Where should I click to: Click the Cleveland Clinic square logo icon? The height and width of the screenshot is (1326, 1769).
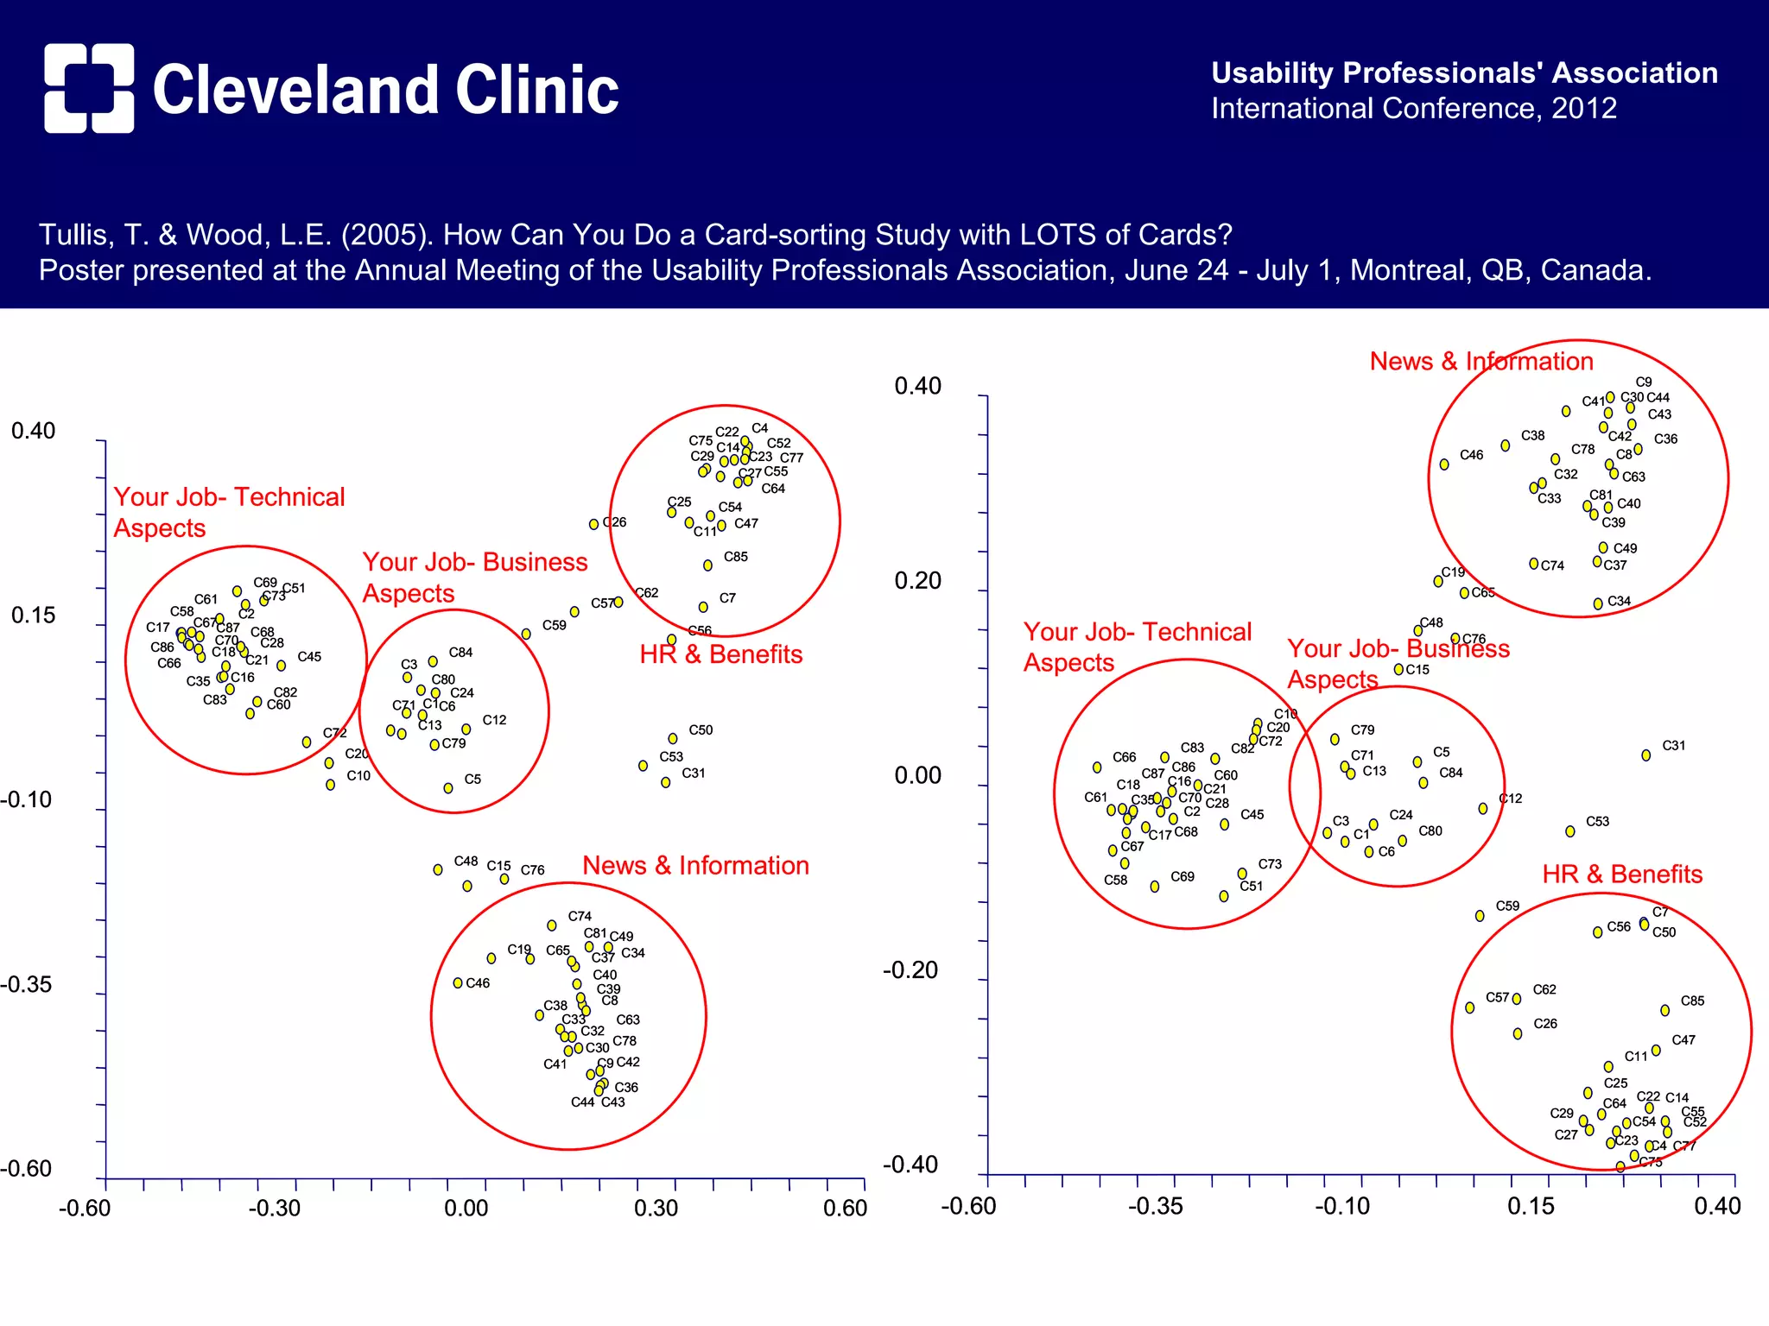point(89,88)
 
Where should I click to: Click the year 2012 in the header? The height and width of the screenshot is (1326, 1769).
point(1583,109)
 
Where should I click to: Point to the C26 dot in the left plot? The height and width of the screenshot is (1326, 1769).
point(593,524)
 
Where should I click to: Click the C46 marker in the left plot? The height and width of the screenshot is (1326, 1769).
point(458,982)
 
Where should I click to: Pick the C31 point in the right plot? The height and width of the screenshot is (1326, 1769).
point(1645,755)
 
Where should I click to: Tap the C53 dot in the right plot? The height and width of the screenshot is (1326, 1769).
point(1569,831)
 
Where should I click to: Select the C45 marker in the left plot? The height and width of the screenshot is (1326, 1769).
point(281,666)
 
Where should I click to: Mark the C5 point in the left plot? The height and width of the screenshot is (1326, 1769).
point(447,788)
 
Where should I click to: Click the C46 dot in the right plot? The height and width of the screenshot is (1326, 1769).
point(1443,464)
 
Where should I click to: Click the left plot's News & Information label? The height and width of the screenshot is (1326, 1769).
point(695,866)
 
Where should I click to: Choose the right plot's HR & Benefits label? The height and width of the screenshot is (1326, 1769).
point(1621,875)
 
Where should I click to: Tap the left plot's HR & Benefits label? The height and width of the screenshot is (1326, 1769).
point(720,654)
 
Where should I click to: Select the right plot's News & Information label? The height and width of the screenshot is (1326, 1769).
point(1481,362)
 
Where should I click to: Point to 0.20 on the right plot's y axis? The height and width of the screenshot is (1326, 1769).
point(917,581)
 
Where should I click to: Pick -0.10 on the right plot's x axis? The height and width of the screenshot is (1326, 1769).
point(1341,1207)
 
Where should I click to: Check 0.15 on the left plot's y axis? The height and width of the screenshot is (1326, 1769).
point(33,616)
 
